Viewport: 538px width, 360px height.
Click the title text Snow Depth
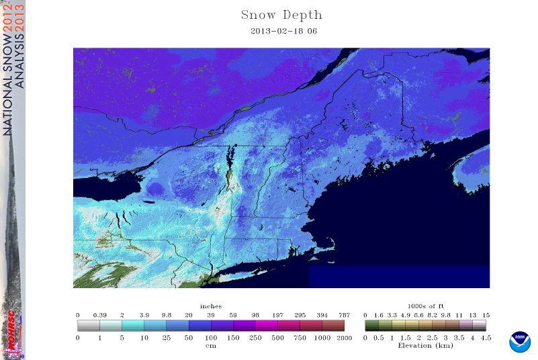[x=281, y=15]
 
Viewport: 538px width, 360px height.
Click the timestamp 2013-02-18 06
[x=281, y=31]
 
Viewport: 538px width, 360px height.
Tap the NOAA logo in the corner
[x=519, y=341]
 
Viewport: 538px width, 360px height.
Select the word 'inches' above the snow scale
[x=210, y=306]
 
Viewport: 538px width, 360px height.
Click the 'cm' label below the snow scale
[x=210, y=346]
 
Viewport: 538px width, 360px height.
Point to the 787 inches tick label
[x=344, y=315]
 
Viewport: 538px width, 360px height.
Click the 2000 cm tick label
[x=344, y=337]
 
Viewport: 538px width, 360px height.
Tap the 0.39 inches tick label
[x=99, y=315]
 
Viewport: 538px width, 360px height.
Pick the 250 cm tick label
[x=255, y=337]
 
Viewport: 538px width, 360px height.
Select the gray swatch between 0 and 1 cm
[x=89, y=326]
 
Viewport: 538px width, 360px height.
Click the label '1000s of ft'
[x=425, y=306]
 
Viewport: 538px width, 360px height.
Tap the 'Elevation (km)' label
[x=425, y=346]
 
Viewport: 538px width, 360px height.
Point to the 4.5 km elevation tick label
[x=486, y=337]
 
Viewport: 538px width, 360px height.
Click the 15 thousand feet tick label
[x=486, y=315]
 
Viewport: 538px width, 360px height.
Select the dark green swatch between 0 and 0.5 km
[x=371, y=326]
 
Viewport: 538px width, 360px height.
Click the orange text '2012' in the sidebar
[x=8, y=21]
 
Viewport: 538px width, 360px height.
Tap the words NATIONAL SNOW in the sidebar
[x=8, y=87]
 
